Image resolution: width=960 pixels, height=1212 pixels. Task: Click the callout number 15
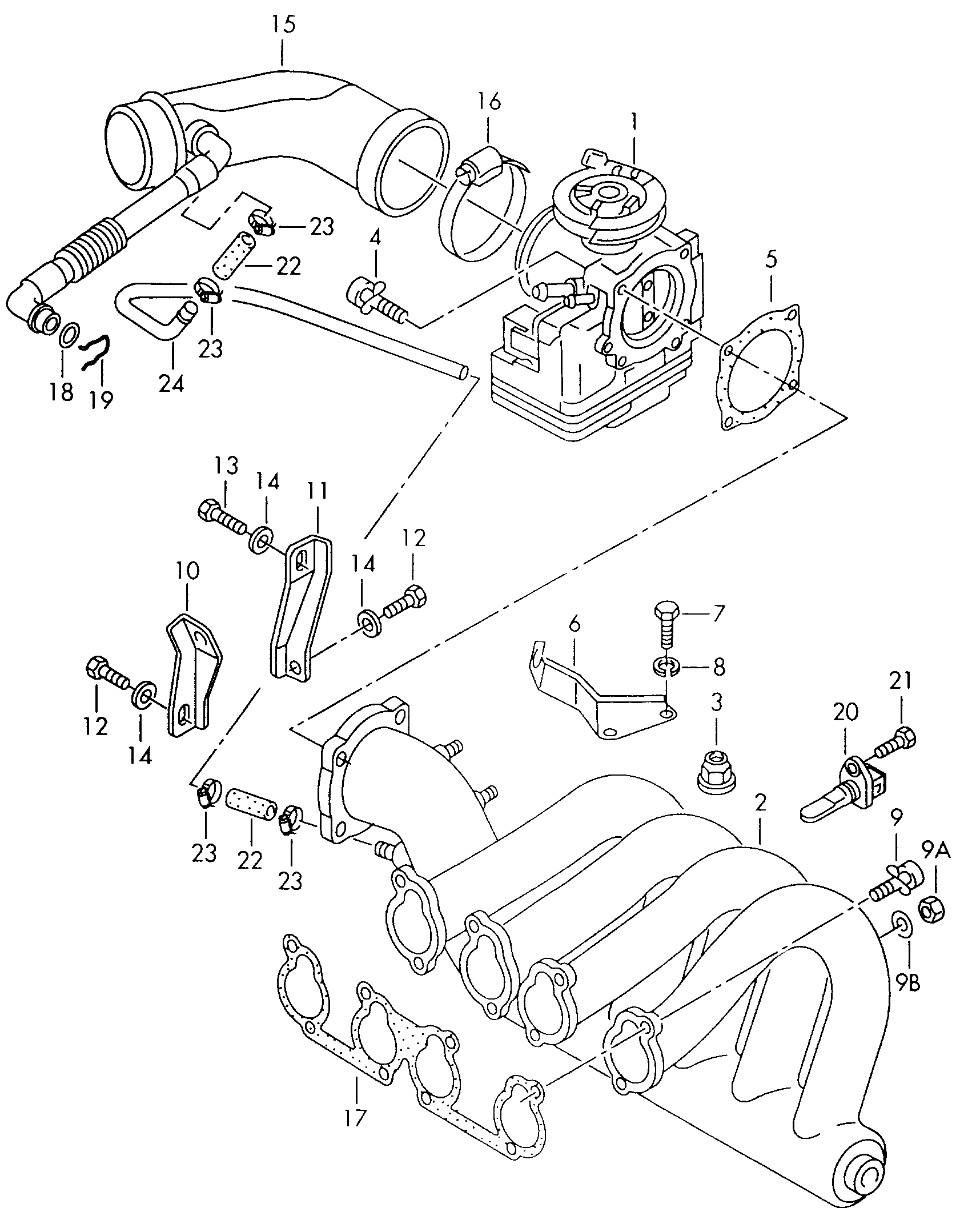[x=283, y=25]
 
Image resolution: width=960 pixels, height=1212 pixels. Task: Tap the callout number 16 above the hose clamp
[x=489, y=102]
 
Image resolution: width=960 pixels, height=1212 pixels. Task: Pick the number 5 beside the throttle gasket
[x=771, y=260]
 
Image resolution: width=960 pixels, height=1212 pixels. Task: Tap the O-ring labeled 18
[x=69, y=335]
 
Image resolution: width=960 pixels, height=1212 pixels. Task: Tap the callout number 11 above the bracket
[x=317, y=491]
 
